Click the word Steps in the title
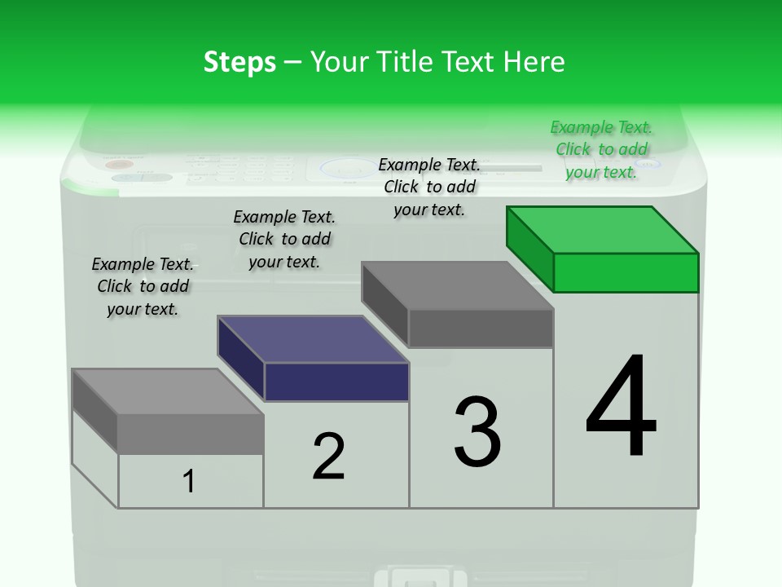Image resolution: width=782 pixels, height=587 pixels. point(239,62)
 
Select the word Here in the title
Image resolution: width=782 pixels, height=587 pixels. point(535,62)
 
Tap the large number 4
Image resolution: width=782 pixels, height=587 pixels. point(622,408)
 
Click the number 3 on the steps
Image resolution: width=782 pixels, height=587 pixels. point(477,432)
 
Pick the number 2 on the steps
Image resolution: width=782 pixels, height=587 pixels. point(328,456)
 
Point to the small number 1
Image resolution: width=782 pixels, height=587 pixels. point(189,481)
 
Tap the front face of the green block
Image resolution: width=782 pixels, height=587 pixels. point(626,272)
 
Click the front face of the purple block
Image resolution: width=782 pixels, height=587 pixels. point(336,382)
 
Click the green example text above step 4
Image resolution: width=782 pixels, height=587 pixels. point(601,149)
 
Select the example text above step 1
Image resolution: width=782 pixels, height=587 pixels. point(143,286)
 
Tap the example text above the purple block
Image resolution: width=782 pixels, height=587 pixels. point(284,239)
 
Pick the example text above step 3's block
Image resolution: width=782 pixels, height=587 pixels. point(429,187)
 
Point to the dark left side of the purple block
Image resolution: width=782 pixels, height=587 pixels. point(241,357)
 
